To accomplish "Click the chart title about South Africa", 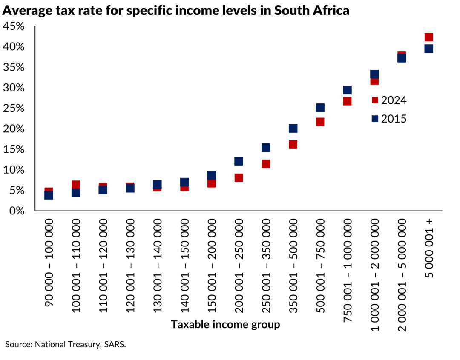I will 175,11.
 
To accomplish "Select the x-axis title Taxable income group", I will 225,325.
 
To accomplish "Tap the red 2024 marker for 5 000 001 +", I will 428,37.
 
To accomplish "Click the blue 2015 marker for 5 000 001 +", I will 428,49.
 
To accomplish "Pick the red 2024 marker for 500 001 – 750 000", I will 320,122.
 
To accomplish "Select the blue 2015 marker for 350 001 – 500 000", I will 293,128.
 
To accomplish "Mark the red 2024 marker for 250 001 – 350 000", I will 266,164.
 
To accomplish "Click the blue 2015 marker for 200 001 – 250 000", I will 239,161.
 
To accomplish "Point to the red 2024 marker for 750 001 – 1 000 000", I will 347,101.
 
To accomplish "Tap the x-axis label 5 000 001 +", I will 428,248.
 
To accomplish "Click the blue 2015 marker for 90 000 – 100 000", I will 49,195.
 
